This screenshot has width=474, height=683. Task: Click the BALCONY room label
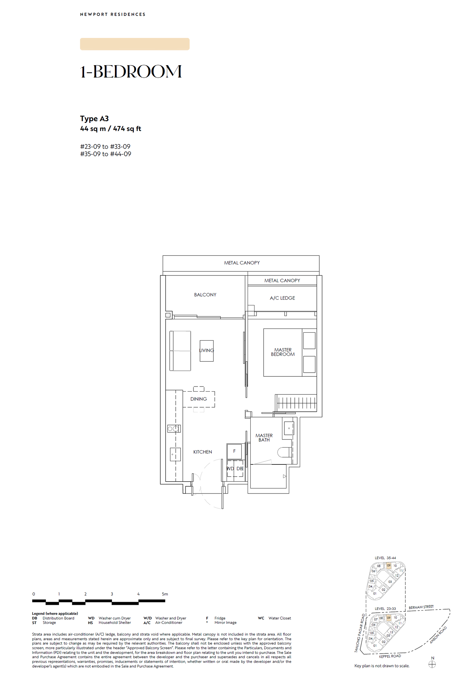point(205,295)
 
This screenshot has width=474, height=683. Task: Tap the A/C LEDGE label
point(282,298)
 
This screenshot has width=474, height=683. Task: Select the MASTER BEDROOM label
point(283,352)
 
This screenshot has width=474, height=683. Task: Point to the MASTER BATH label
point(264,437)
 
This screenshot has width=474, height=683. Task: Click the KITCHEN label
point(203,452)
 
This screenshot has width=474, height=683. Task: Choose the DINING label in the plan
point(198,399)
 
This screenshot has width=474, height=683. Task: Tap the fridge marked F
point(234,451)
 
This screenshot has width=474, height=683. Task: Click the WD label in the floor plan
point(230,468)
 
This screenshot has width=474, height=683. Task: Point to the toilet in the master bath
point(285,452)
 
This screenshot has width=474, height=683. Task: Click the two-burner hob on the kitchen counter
point(174,428)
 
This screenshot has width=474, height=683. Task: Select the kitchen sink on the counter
point(175,454)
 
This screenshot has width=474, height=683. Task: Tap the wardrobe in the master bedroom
point(296,403)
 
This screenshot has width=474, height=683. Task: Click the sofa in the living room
point(180,351)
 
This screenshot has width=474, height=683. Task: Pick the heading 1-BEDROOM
point(131,72)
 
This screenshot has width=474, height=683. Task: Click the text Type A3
point(95,118)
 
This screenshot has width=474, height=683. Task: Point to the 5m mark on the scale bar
point(165,594)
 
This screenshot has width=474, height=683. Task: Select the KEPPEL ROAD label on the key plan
point(390,656)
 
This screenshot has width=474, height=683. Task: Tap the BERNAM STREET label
point(421,607)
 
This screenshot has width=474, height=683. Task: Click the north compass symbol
point(432,664)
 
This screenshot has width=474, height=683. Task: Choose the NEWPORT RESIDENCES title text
point(113,14)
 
